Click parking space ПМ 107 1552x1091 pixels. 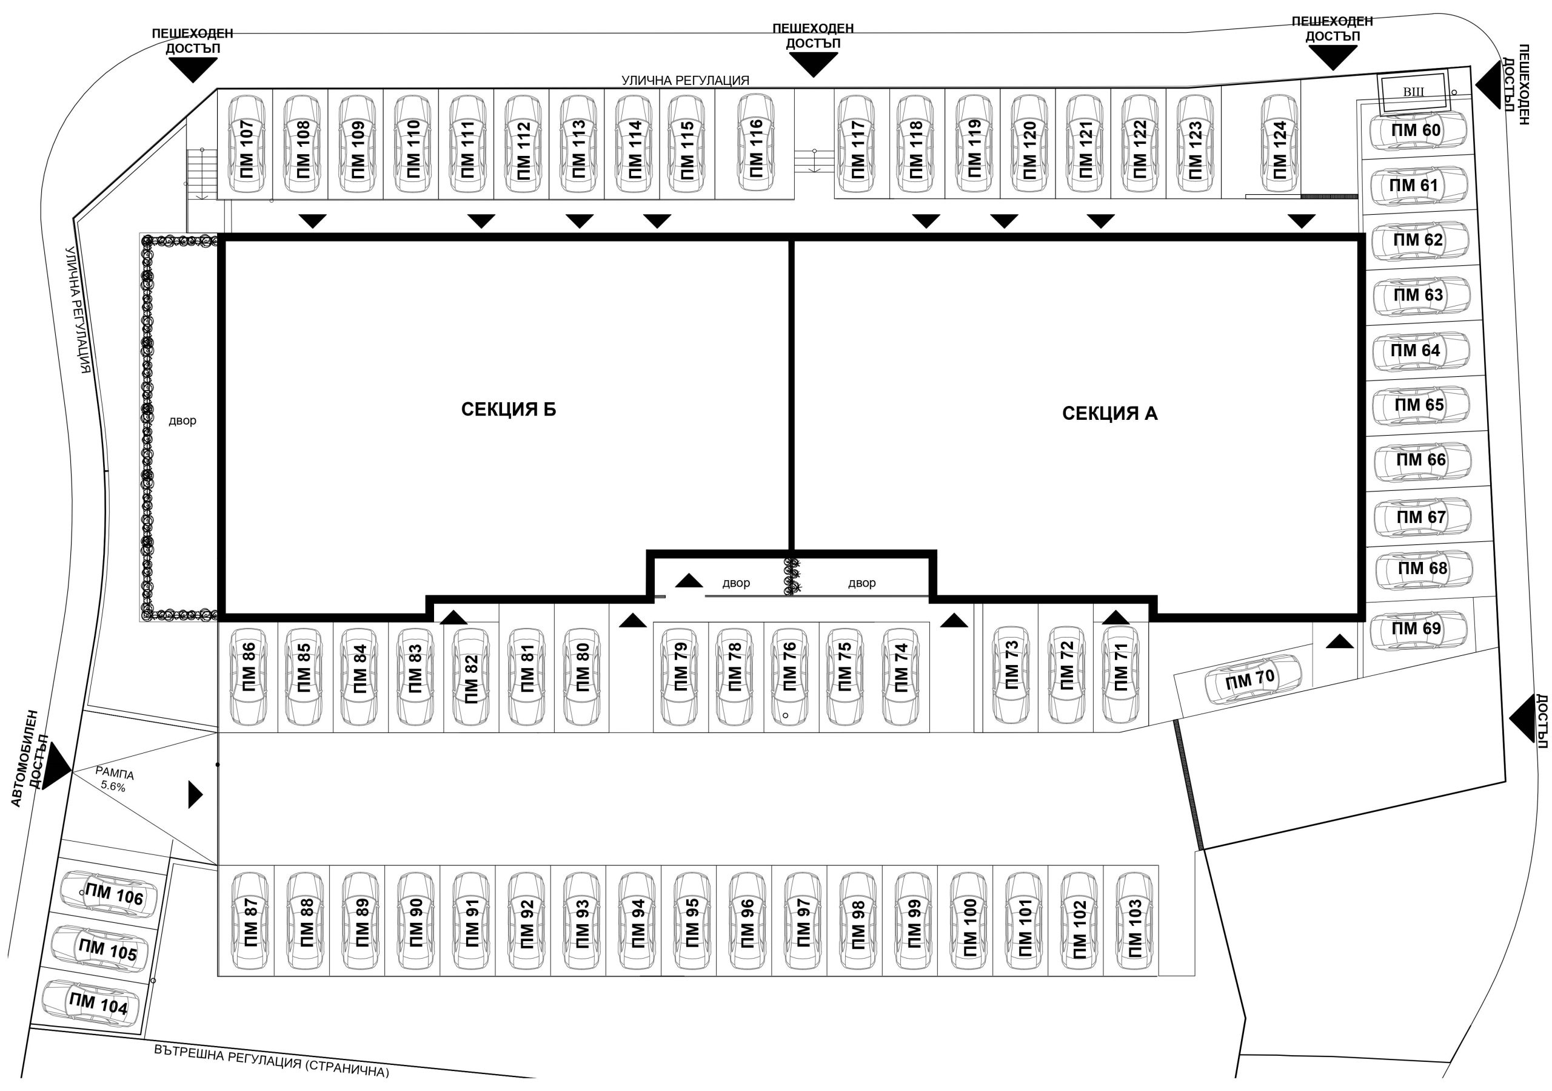[x=244, y=144]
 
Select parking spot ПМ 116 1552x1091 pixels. [x=754, y=144]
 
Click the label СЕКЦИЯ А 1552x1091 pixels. [x=1110, y=413]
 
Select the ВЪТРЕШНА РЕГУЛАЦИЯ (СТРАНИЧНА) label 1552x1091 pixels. [x=272, y=1060]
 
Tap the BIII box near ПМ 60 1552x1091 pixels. [x=1413, y=92]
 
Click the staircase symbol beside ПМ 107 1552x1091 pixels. [x=201, y=174]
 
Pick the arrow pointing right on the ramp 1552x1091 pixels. [x=195, y=794]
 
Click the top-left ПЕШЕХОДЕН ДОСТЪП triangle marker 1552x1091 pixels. [x=193, y=70]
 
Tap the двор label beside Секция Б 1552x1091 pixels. [x=182, y=421]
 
